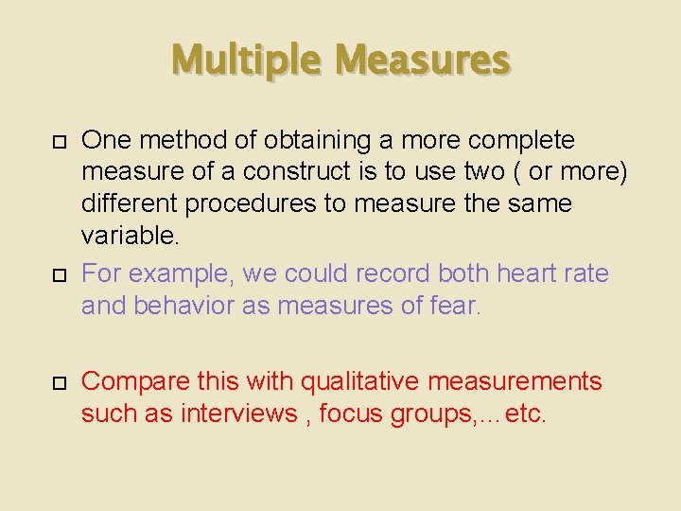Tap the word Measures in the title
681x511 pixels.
click(x=422, y=61)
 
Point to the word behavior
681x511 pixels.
click(x=189, y=306)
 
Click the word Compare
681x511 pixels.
click(x=137, y=382)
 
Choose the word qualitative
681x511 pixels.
click(x=360, y=381)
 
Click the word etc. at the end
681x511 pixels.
click(x=526, y=414)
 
